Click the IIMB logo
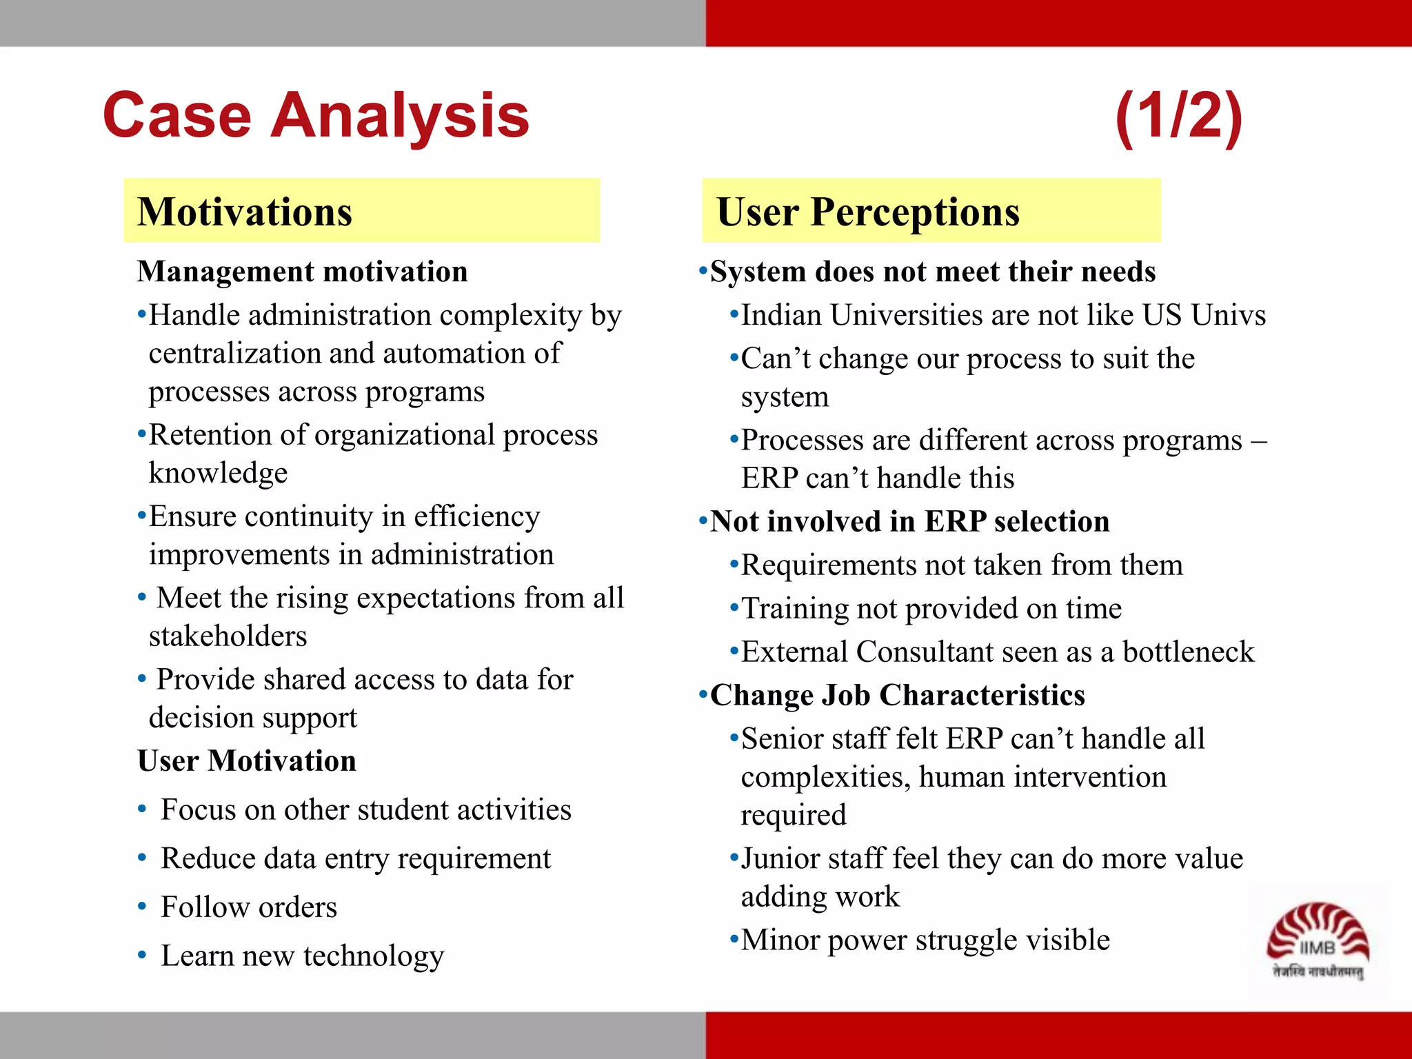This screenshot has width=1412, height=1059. click(x=1318, y=941)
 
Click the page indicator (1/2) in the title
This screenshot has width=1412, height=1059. click(x=1178, y=116)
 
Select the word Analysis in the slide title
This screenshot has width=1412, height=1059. click(x=400, y=116)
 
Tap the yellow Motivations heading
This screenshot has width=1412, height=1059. click(x=245, y=212)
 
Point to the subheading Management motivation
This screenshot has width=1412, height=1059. click(x=302, y=272)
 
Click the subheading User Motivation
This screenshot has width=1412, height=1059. click(x=247, y=761)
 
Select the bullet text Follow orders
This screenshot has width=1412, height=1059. click(x=249, y=907)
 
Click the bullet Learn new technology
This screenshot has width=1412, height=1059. click(x=302, y=956)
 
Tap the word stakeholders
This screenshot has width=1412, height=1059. click(x=228, y=636)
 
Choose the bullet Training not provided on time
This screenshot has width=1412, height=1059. click(x=931, y=609)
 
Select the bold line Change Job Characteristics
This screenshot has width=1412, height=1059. click(x=897, y=696)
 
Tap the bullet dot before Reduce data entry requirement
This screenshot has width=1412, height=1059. click(x=141, y=858)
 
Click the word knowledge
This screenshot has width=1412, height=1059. click(x=218, y=474)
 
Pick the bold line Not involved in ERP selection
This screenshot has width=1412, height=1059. click(x=909, y=522)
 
